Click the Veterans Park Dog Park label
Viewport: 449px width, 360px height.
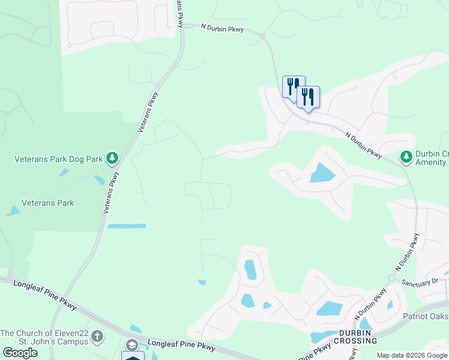(x=58, y=159)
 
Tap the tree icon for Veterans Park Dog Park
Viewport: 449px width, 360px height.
(x=112, y=158)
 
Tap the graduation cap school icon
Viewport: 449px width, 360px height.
(x=131, y=344)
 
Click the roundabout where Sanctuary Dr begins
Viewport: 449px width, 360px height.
(x=391, y=278)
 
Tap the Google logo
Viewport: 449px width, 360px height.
(x=20, y=353)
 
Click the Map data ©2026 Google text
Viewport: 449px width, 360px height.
(x=412, y=355)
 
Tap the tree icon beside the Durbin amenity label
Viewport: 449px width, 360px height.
(x=406, y=157)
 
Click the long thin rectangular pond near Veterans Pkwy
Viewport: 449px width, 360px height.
(x=127, y=226)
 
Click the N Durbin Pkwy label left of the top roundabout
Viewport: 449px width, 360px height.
(x=222, y=29)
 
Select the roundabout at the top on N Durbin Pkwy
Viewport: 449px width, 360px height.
(x=262, y=37)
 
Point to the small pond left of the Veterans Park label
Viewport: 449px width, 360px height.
(x=13, y=211)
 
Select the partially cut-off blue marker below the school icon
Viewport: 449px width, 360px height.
(x=133, y=356)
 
